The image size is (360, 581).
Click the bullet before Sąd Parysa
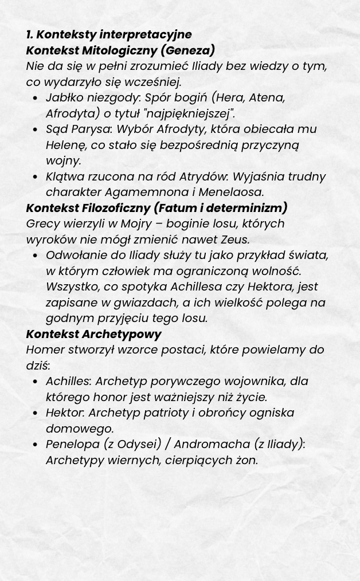[36, 130]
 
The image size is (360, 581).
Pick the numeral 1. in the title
[30, 35]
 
